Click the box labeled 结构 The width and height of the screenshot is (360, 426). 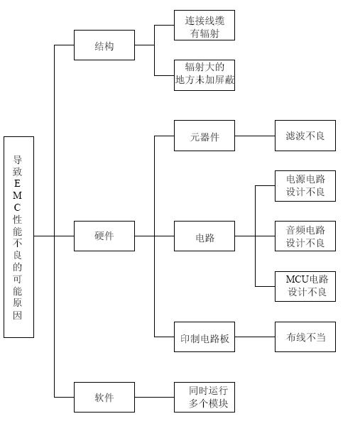[104, 45]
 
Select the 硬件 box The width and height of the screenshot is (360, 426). [104, 236]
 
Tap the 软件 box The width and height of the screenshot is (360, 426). [104, 397]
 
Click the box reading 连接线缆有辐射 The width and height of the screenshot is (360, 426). [204, 26]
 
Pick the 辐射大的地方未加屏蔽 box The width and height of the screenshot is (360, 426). [204, 75]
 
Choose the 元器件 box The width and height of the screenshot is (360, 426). [204, 136]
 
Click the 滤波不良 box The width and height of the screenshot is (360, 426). [305, 136]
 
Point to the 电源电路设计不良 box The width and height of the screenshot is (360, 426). [305, 186]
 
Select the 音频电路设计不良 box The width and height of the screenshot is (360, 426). [305, 236]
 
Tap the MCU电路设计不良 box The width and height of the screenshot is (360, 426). [305, 286]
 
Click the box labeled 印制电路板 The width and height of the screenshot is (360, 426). [204, 337]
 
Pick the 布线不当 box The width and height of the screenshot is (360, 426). [305, 337]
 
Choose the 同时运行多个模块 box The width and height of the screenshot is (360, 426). [204, 397]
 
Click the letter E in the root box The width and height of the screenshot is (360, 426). [17, 183]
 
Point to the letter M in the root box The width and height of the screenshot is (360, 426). [17, 195]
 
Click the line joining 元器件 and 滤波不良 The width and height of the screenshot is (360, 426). [255, 136]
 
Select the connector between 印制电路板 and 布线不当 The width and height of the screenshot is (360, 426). [255, 337]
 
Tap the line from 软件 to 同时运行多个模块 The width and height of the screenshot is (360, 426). [154, 397]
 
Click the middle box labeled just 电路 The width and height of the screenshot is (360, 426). [204, 236]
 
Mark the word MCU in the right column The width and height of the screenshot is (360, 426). [298, 279]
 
